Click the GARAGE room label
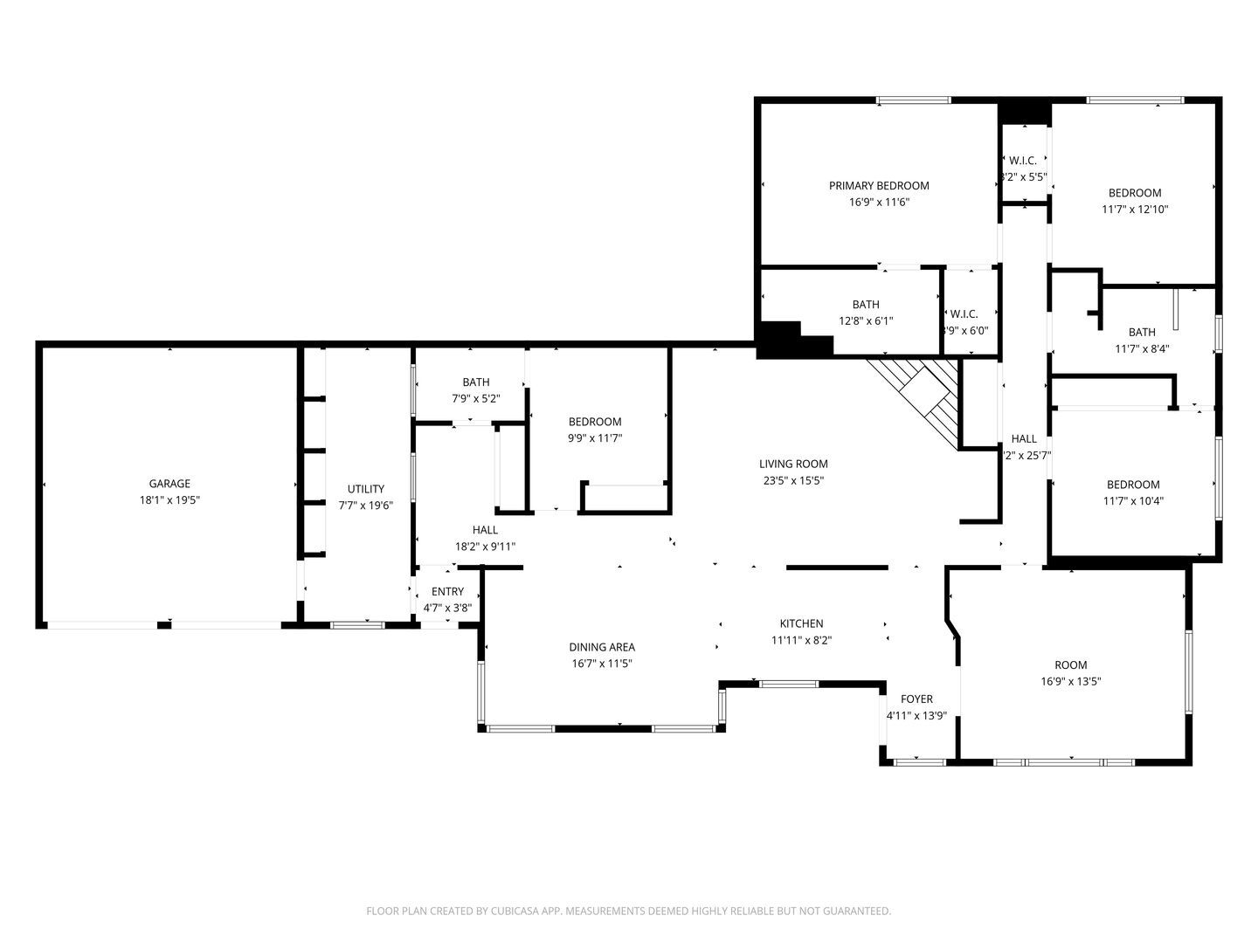coord(169,484)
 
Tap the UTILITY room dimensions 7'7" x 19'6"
coord(365,506)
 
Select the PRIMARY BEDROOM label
coord(879,185)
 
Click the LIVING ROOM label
coord(793,464)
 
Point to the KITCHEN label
coord(801,623)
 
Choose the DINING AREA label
coord(602,647)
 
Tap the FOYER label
coord(916,699)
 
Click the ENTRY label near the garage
coord(447,591)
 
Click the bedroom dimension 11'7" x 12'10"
coord(1135,210)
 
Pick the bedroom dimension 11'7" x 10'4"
coord(1133,501)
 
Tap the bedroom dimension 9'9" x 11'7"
coord(594,438)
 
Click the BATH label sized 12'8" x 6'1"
coord(866,305)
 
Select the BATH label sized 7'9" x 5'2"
coord(476,382)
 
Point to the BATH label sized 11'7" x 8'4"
coord(1141,332)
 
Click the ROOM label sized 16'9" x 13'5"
coord(1070,665)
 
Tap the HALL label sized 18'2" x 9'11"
coord(485,530)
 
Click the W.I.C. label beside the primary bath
coord(964,313)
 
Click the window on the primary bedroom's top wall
coord(913,101)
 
